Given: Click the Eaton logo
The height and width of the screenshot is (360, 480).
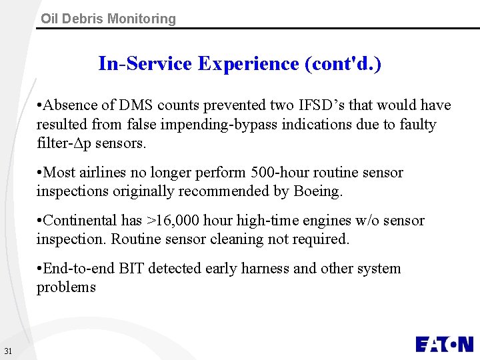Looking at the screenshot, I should coord(444,343).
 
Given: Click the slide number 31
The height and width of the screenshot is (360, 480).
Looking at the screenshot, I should coord(8,351).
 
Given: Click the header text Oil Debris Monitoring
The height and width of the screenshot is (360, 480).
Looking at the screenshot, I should coord(108,19).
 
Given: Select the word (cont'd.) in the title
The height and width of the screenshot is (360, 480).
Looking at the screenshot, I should coord(343,64).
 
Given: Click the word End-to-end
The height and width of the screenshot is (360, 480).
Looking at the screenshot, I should coord(79,269).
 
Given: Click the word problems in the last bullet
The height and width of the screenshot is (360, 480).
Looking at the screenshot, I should coord(66,288).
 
